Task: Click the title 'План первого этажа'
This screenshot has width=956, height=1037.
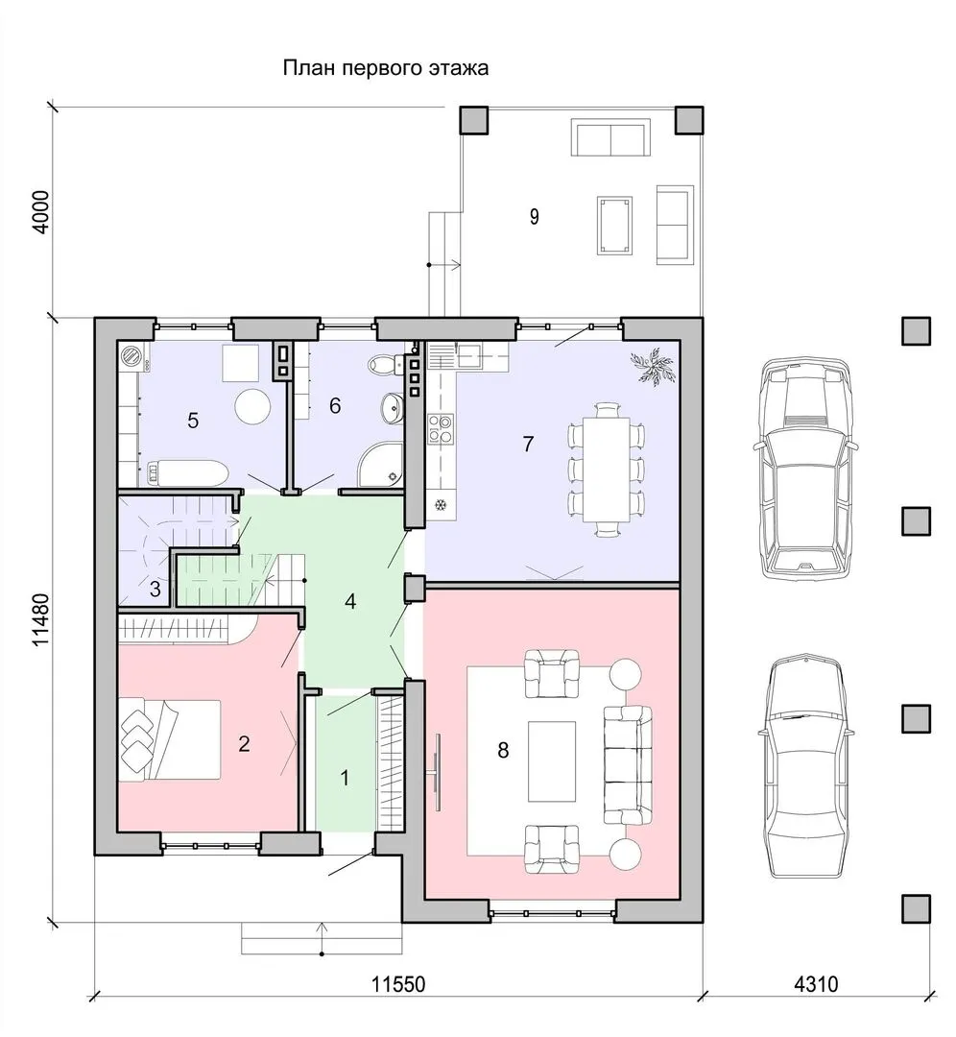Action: point(386,67)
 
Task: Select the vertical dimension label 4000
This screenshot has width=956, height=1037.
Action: point(41,211)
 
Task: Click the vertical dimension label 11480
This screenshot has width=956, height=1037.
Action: point(41,619)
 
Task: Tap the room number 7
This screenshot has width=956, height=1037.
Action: point(528,444)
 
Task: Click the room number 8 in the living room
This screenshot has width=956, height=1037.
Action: point(503,750)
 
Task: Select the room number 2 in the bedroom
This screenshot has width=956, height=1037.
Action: point(244,743)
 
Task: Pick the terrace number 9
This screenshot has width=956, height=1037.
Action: point(535,216)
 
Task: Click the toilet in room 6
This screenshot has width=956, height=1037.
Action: point(386,363)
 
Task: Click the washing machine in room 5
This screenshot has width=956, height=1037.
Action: point(131,356)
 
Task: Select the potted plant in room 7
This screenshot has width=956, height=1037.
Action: point(652,367)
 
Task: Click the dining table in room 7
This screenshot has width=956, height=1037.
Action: point(606,469)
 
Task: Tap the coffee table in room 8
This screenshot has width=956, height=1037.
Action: point(551,760)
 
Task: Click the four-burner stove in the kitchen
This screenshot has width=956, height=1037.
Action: point(441,427)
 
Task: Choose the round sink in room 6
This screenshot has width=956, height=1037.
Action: point(392,407)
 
